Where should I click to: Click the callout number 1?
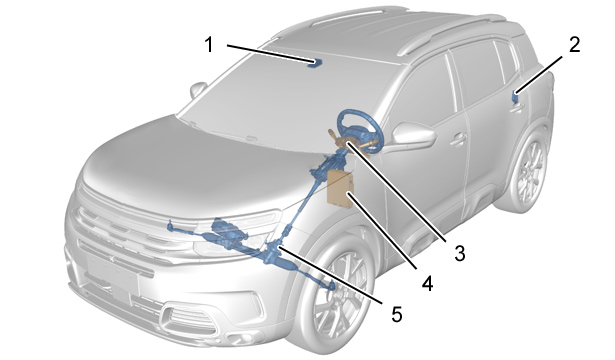tap(209, 44)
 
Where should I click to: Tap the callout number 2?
tap(574, 44)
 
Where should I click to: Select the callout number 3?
tap(460, 253)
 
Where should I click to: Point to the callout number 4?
tap(427, 283)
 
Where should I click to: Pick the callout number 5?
tap(397, 314)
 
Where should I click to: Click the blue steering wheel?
tap(359, 130)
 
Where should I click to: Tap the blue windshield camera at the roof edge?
tap(315, 64)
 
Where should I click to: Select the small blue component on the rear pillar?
tap(515, 96)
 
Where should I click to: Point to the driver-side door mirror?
tap(413, 135)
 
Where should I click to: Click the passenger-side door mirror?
tap(198, 90)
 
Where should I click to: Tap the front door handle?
tap(458, 139)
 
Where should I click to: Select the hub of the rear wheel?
tap(531, 172)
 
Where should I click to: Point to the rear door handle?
tap(518, 107)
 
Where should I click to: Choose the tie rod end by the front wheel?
tap(331, 285)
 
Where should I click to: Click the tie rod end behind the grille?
tap(170, 225)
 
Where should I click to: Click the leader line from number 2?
tap(539, 75)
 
